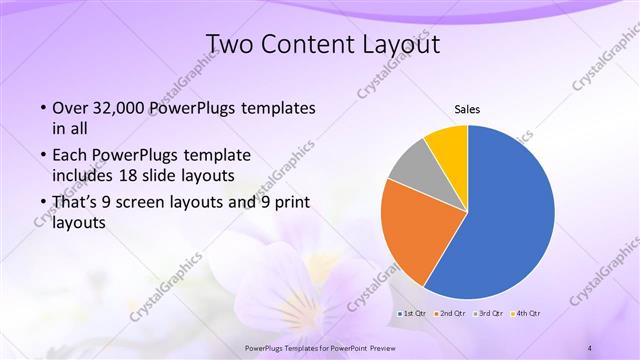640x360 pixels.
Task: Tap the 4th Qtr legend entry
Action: [x=528, y=313]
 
